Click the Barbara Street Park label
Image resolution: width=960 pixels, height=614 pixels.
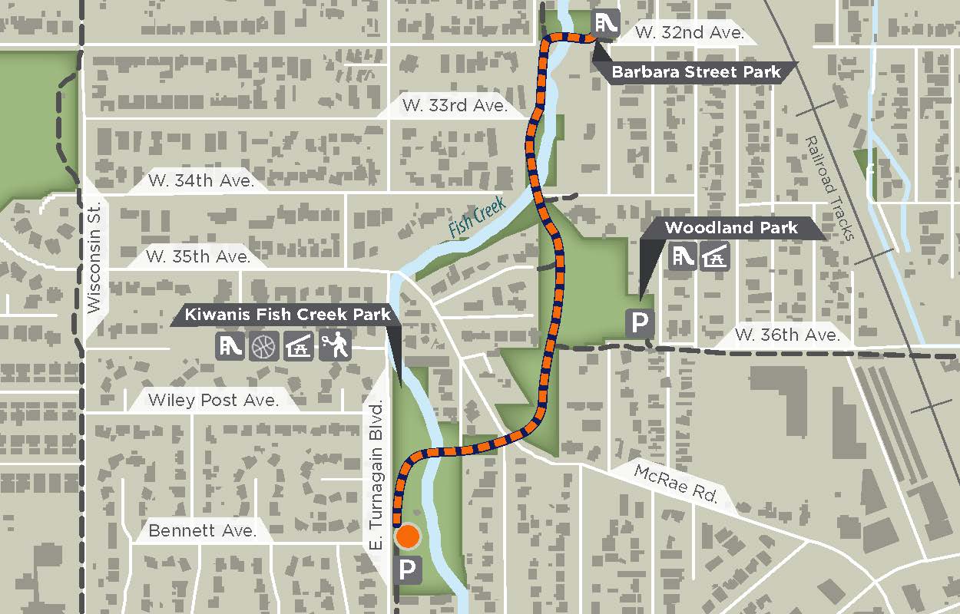coord(696,73)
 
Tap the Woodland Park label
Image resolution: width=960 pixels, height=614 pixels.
coord(731,228)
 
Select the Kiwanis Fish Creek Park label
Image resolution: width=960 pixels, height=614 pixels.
coord(287,315)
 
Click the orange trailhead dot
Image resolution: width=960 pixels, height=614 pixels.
coord(408,537)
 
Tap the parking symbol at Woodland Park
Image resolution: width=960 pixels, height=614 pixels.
coord(639,324)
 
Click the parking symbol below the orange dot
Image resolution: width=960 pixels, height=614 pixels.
coord(408,569)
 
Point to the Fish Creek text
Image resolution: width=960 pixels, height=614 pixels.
coord(477,216)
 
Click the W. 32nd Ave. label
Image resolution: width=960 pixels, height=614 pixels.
coord(690,33)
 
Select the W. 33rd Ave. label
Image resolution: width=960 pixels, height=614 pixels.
coord(455,106)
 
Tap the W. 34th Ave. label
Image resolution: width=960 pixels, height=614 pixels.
coord(201,181)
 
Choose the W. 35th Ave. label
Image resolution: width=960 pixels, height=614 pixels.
coord(199,256)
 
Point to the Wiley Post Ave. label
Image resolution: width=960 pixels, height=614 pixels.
coord(213,399)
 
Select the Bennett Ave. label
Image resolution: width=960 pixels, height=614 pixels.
coord(202,530)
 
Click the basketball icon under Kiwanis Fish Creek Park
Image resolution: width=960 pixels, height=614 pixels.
coord(263,347)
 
